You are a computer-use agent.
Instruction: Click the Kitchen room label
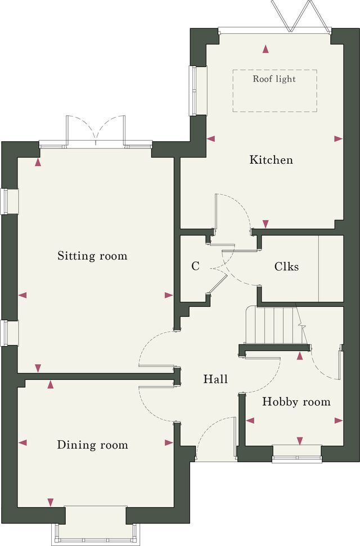pyautogui.click(x=271, y=160)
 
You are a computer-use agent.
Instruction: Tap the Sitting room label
pyautogui.click(x=92, y=256)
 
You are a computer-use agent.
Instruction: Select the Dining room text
pyautogui.click(x=92, y=445)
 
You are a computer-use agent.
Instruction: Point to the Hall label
pyautogui.click(x=215, y=379)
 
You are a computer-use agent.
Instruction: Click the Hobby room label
pyautogui.click(x=296, y=402)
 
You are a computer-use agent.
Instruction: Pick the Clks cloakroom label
pyautogui.click(x=286, y=266)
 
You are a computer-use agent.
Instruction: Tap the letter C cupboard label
pyautogui.click(x=196, y=266)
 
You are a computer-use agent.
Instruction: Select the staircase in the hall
pyautogui.click(x=274, y=325)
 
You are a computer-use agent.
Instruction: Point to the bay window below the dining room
pyautogui.click(x=95, y=526)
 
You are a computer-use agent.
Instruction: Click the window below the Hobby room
pyautogui.click(x=296, y=454)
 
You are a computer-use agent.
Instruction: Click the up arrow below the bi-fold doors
pyautogui.click(x=265, y=49)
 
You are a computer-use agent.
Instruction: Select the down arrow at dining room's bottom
pyautogui.click(x=51, y=502)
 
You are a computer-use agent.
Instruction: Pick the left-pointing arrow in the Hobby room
pyautogui.click(x=250, y=420)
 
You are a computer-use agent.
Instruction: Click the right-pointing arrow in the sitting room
pyautogui.click(x=169, y=296)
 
